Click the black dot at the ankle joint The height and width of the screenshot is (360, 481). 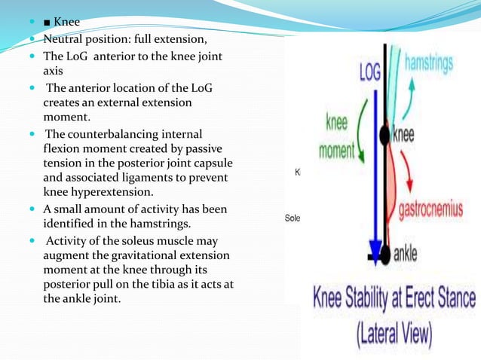[387, 254]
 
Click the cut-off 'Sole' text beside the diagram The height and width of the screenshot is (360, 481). [292, 218]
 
